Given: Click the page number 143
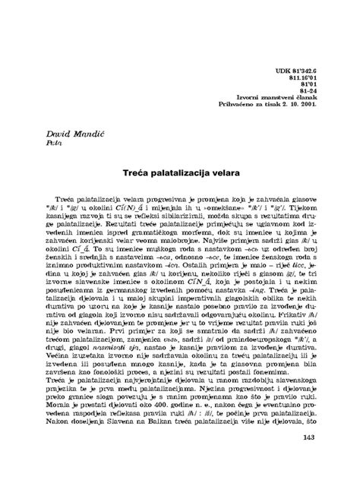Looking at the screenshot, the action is tap(308, 458).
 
